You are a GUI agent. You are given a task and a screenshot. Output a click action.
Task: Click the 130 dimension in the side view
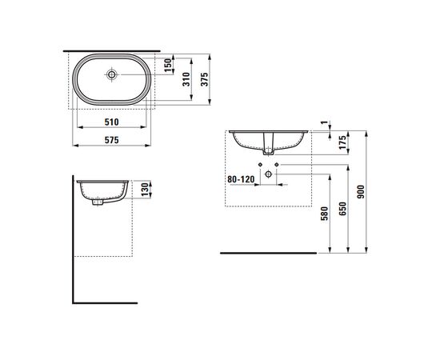[x=145, y=189]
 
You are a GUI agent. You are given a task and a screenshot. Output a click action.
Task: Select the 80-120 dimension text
[x=241, y=179]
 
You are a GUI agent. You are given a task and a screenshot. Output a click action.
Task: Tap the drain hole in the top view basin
[x=112, y=74]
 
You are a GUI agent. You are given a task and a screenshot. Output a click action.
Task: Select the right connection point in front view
[x=277, y=164]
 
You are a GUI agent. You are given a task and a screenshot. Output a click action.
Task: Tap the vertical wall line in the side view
[x=74, y=240]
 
